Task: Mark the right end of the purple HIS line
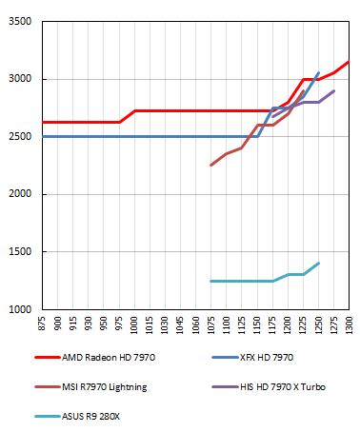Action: click(333, 91)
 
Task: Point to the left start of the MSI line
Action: click(211, 166)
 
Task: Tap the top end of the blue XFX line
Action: click(318, 72)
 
